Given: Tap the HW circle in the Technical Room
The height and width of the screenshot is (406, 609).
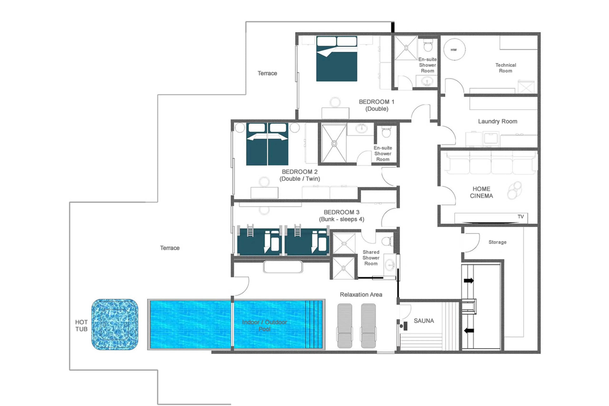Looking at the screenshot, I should [x=454, y=50].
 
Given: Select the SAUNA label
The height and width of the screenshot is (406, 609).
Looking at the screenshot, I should [x=424, y=321].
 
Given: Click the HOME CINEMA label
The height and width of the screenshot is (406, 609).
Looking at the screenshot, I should [x=481, y=192].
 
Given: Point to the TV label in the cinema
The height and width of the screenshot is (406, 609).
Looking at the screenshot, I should [x=521, y=216].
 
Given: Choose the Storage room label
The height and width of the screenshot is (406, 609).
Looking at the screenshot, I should [x=497, y=242].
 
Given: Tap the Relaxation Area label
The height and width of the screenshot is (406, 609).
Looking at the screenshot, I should [x=361, y=294].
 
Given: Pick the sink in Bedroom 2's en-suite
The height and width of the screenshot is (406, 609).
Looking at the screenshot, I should [x=361, y=128].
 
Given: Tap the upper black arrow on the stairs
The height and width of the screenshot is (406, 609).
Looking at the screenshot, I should [x=469, y=280].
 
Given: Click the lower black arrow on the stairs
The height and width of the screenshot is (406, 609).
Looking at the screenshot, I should [x=469, y=330].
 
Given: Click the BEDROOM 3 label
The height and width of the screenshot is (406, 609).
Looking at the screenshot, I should [x=341, y=212].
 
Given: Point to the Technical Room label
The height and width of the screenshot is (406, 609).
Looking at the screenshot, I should [x=505, y=68].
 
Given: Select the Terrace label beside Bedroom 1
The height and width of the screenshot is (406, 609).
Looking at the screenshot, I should [x=267, y=73].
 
